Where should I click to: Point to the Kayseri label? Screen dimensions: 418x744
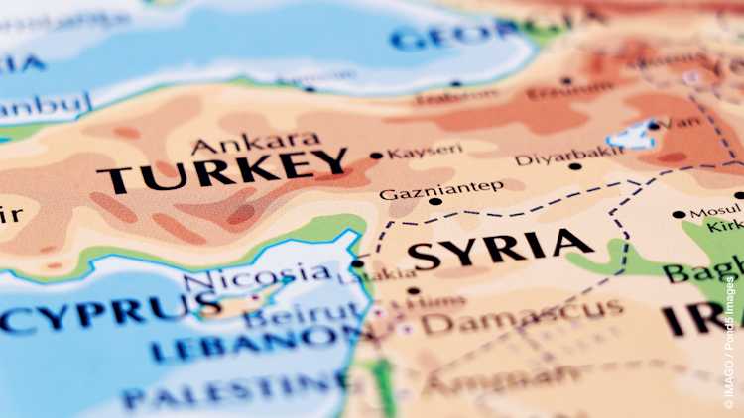[425, 152]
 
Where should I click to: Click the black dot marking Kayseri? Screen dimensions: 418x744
[376, 156]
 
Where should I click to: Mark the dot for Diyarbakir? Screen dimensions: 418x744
[575, 166]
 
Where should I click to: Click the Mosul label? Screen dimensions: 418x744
[715, 212]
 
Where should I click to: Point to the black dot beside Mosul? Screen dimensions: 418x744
[679, 214]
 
